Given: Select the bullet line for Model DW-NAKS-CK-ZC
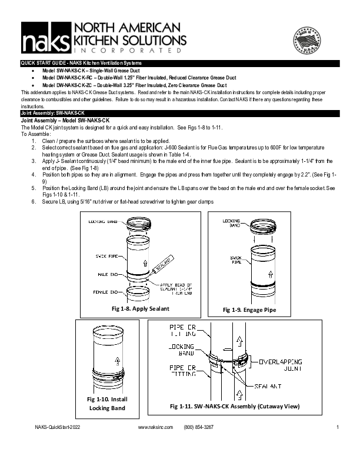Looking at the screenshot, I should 135,85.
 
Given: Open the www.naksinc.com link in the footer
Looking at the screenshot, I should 155,444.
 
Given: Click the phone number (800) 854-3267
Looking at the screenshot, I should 199,444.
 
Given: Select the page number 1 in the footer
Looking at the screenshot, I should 338,444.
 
